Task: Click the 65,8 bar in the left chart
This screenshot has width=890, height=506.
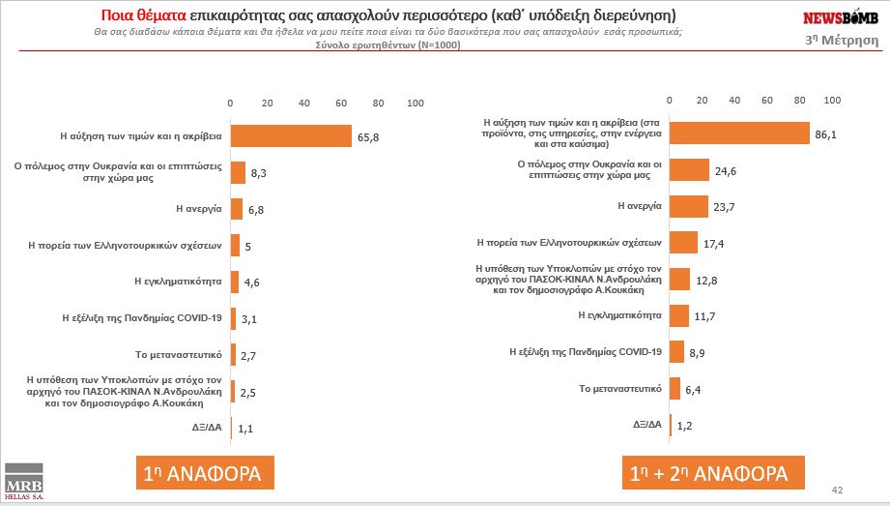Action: click(291, 136)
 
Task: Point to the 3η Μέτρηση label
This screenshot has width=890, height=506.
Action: click(841, 41)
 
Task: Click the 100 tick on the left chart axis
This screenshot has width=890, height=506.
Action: click(416, 103)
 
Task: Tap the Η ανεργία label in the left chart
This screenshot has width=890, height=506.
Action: click(199, 208)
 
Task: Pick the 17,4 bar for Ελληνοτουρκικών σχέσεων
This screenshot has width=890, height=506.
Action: click(683, 243)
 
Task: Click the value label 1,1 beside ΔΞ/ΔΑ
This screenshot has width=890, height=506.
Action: click(246, 427)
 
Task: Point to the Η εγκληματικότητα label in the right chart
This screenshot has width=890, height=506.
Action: click(619, 314)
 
